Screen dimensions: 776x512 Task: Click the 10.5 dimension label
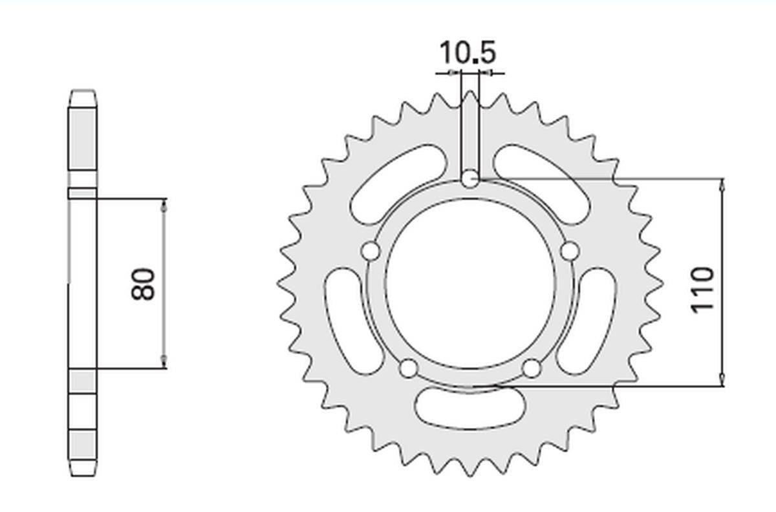[468, 52]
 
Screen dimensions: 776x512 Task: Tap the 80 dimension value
[143, 284]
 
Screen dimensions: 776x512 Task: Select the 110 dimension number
[702, 290]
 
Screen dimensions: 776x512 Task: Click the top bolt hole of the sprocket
[470, 179]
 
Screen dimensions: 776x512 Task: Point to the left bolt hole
[371, 251]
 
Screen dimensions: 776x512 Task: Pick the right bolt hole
[570, 251]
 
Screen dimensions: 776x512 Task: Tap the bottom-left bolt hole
[409, 368]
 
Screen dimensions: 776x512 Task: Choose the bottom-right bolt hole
[532, 368]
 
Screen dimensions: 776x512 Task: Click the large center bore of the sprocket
[470, 284]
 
